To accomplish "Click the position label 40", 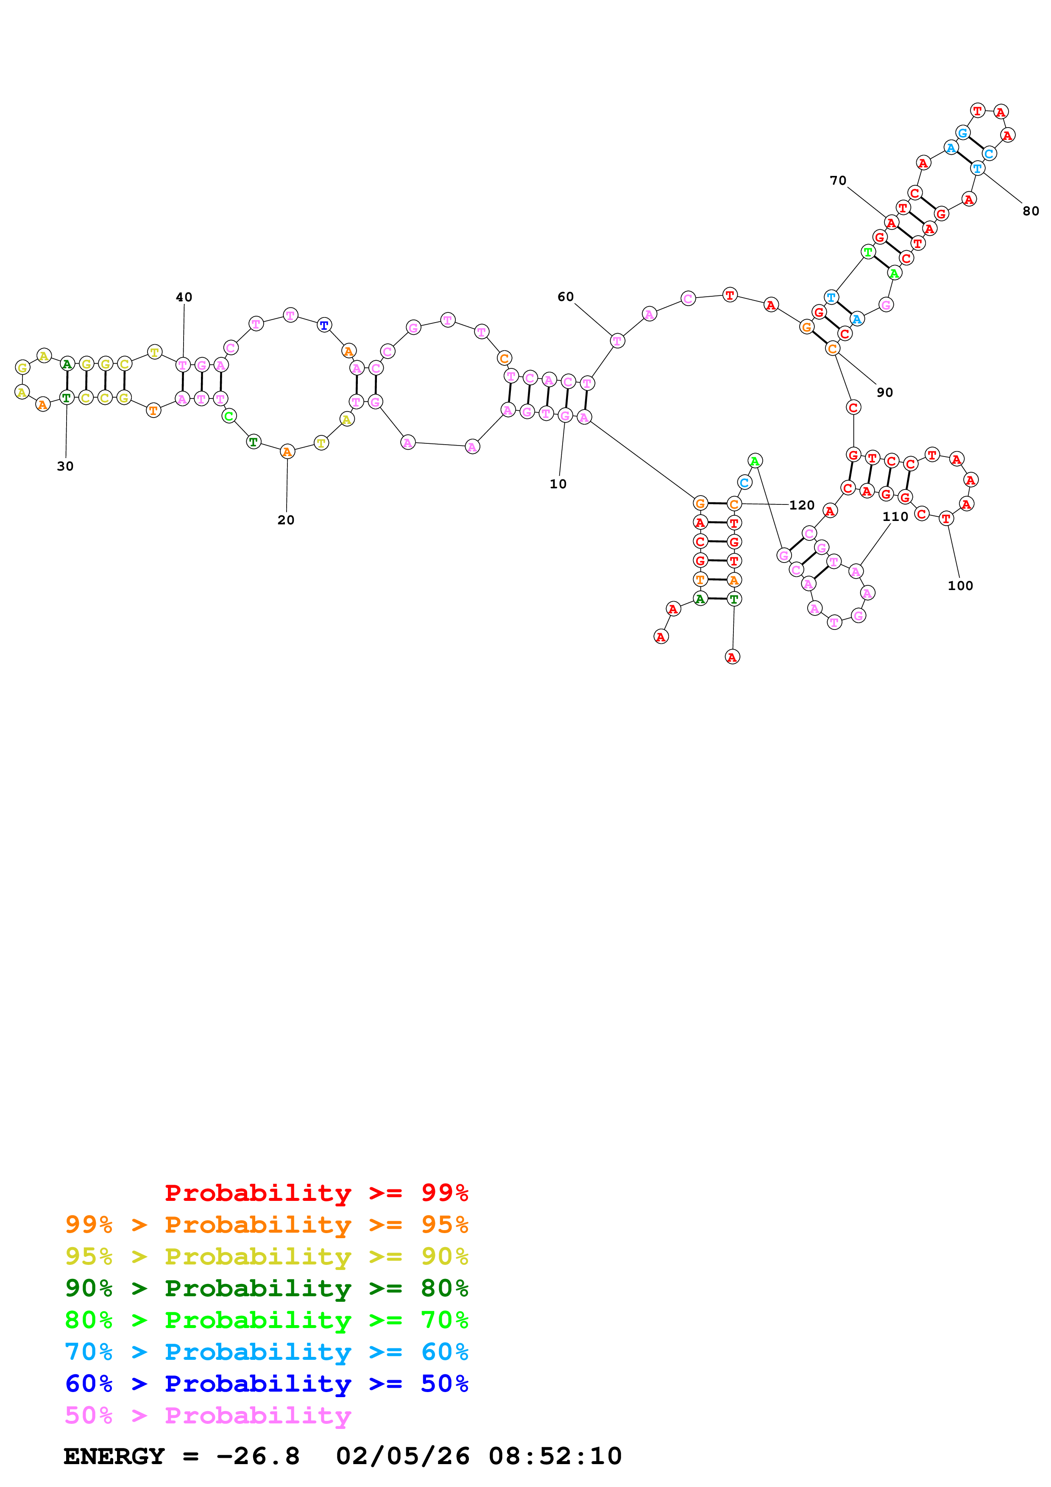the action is tap(184, 297).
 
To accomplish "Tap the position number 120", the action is tap(802, 505).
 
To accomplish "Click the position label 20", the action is tap(286, 520).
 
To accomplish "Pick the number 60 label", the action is tap(565, 297).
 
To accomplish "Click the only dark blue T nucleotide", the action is tap(324, 325).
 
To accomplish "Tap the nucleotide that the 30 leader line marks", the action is tap(66, 397).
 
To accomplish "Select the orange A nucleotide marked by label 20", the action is tap(287, 451).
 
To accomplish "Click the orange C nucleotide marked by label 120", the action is tap(734, 504).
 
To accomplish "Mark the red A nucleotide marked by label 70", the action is tap(891, 223).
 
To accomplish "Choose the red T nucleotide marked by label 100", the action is tap(946, 518).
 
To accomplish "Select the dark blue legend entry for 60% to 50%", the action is tap(266, 1384).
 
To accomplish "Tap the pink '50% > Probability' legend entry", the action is tap(207, 1416).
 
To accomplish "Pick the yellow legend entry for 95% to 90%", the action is tap(266, 1256).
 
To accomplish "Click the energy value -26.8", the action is tap(258, 1456).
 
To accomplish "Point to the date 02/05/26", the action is tap(402, 1456).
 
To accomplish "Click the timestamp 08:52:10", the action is tap(555, 1456).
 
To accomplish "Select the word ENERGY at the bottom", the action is tap(114, 1456).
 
